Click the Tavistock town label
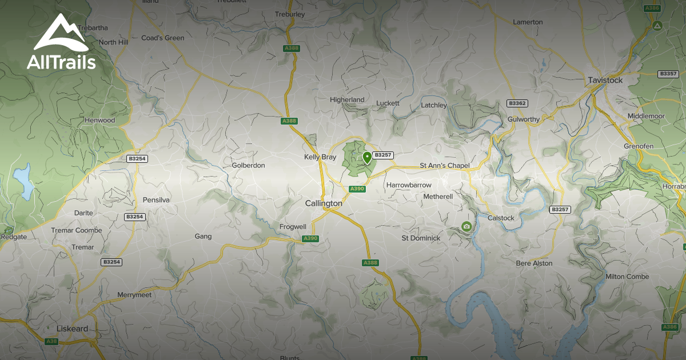(605, 81)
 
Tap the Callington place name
(324, 203)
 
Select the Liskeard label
(73, 329)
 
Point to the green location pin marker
(366, 157)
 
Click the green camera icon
(466, 226)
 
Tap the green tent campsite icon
(657, 26)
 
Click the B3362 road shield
(517, 103)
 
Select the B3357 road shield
(668, 74)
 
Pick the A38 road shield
(51, 341)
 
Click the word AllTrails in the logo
(61, 62)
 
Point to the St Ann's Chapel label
(445, 166)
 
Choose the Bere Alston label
(534, 263)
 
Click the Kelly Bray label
(320, 157)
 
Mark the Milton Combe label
(627, 277)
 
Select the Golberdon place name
(248, 166)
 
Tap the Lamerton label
(528, 22)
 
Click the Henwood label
(99, 121)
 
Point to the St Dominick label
(421, 238)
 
